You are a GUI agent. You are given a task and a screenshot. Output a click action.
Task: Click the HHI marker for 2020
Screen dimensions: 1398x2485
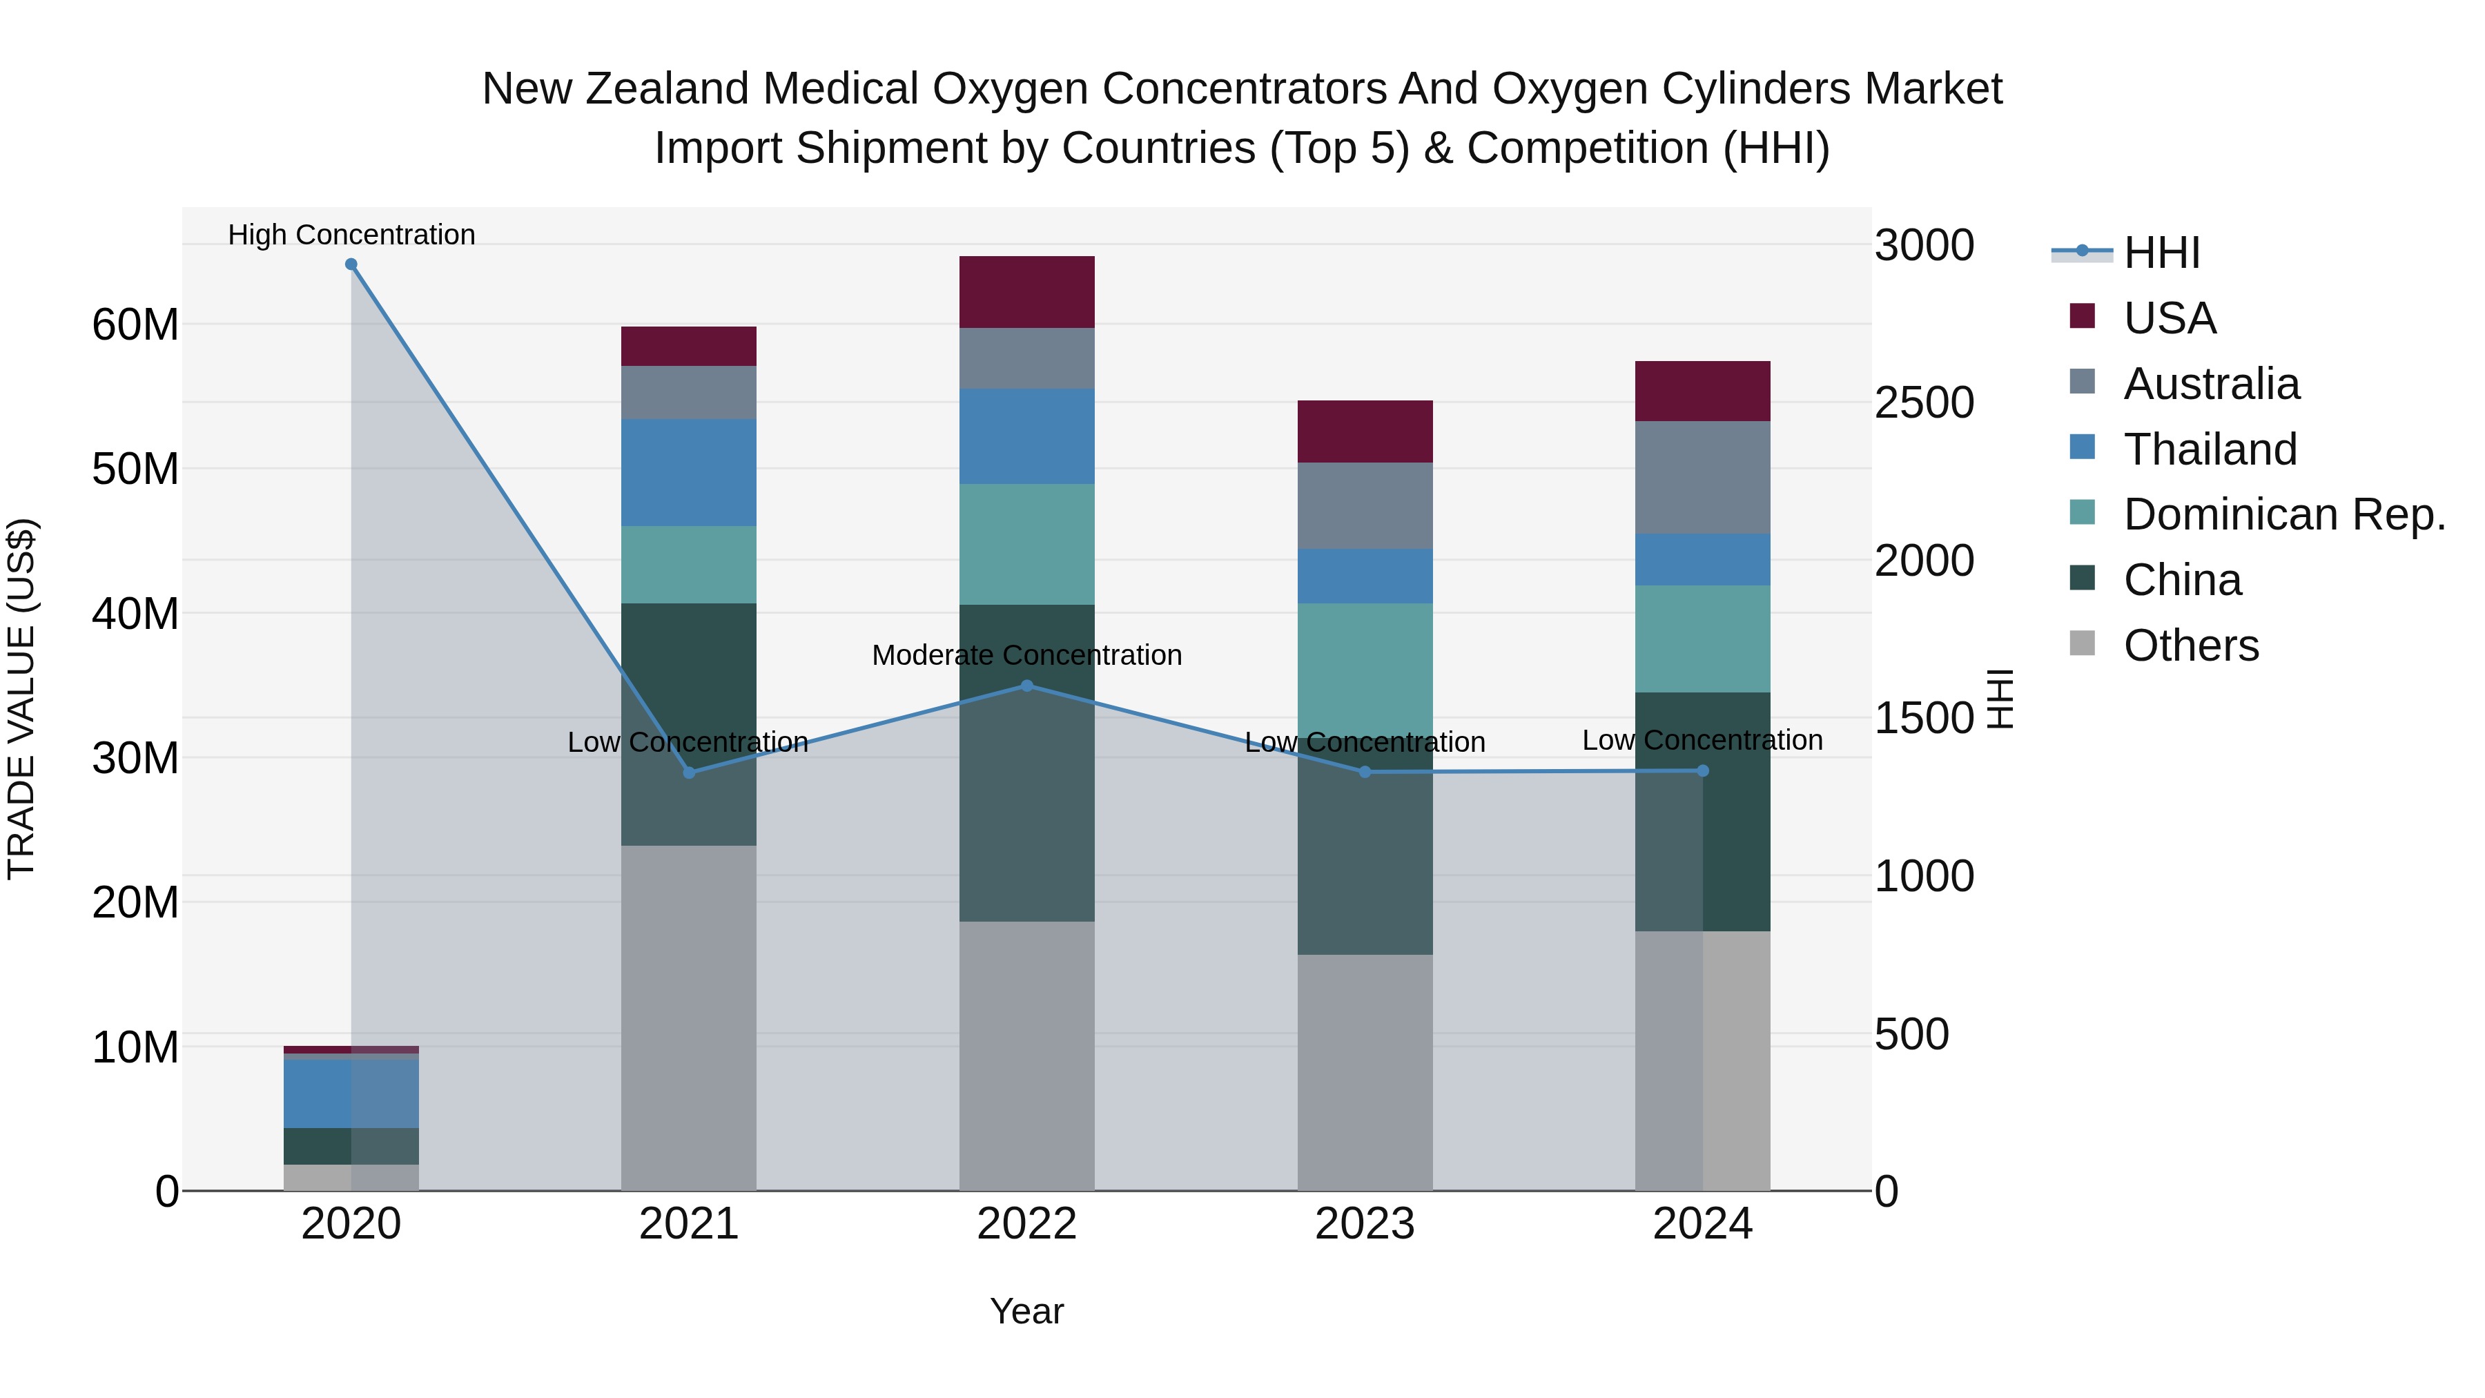(351, 264)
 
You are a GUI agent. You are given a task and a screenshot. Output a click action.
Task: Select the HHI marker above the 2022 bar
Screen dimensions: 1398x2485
(1026, 686)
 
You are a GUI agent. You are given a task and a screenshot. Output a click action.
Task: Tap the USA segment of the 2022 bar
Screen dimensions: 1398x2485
(1026, 291)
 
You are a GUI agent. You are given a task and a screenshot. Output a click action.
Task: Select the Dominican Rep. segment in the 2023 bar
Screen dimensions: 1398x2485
(1364, 670)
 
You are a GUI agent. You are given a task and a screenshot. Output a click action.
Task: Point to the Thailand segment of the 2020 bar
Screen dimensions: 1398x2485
(351, 1093)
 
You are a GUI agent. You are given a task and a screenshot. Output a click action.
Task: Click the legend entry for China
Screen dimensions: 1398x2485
(2182, 580)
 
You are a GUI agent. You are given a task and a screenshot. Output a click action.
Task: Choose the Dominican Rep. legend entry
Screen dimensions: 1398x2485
(2283, 514)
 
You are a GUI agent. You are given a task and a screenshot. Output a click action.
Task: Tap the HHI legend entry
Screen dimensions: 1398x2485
(2161, 253)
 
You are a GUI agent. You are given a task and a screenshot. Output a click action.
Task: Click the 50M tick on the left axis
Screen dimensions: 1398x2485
(135, 469)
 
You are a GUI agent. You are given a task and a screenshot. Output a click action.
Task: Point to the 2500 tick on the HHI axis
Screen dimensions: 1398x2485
(1924, 403)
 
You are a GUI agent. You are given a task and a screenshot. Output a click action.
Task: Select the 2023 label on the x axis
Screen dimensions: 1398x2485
(1364, 1224)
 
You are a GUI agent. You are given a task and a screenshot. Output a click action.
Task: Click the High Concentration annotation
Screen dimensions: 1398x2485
(351, 235)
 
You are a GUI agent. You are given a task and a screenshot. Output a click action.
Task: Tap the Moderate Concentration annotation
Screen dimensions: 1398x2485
(1026, 655)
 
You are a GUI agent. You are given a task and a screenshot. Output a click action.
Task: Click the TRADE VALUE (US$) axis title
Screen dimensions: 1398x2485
(21, 699)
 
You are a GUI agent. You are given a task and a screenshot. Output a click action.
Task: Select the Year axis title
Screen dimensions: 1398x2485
(1026, 1311)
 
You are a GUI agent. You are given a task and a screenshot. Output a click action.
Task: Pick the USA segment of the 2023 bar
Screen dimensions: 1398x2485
(1364, 431)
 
